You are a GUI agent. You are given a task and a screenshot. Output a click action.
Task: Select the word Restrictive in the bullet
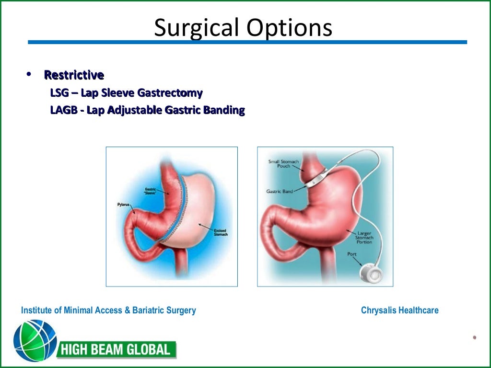74,75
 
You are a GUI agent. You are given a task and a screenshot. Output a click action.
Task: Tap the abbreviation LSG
60,92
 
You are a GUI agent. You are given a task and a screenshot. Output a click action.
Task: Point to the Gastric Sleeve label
151,192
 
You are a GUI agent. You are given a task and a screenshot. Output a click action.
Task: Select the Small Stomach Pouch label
283,163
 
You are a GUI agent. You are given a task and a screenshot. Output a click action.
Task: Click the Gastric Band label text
279,191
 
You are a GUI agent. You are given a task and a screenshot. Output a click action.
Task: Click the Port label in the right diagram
352,254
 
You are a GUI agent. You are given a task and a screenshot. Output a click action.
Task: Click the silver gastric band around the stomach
315,179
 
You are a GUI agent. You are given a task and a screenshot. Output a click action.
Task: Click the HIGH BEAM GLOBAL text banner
117,350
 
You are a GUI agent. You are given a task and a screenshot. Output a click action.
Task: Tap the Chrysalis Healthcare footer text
399,310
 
